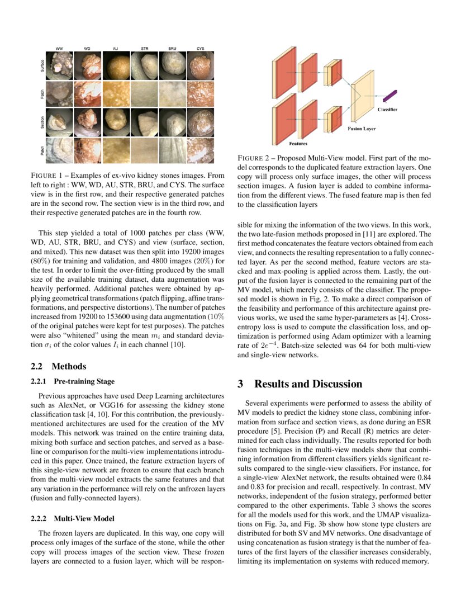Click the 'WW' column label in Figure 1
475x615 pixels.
tap(59, 49)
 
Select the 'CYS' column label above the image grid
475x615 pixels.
tap(200, 49)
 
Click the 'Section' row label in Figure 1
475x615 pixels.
tap(42, 121)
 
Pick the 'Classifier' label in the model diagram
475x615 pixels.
tap(387, 109)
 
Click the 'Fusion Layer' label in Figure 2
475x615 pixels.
tap(362, 128)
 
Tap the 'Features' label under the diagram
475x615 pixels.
tap(297, 144)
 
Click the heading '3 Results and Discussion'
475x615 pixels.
tap(300, 384)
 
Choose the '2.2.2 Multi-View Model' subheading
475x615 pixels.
tap(72, 519)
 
